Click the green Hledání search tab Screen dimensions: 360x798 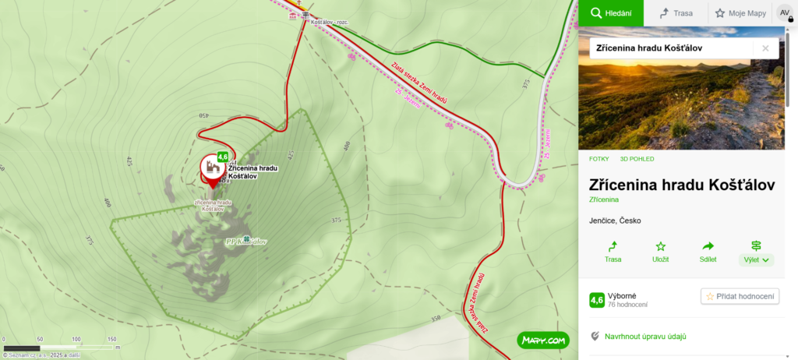tap(610, 12)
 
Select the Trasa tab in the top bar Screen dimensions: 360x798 tap(675, 12)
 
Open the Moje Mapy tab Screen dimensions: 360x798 tap(740, 12)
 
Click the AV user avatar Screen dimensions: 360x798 tap(784, 12)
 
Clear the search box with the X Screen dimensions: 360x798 tap(765, 48)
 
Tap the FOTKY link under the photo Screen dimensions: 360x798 tap(599, 159)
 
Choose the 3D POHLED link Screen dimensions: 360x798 tap(637, 159)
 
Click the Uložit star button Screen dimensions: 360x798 tap(660, 252)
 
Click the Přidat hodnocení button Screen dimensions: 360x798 tap(740, 296)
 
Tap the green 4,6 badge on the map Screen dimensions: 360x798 tap(223, 157)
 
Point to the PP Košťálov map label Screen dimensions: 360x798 tap(246, 242)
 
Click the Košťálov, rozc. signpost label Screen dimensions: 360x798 tap(329, 22)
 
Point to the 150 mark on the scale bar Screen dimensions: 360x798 tap(111, 339)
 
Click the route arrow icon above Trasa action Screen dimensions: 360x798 tap(613, 245)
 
